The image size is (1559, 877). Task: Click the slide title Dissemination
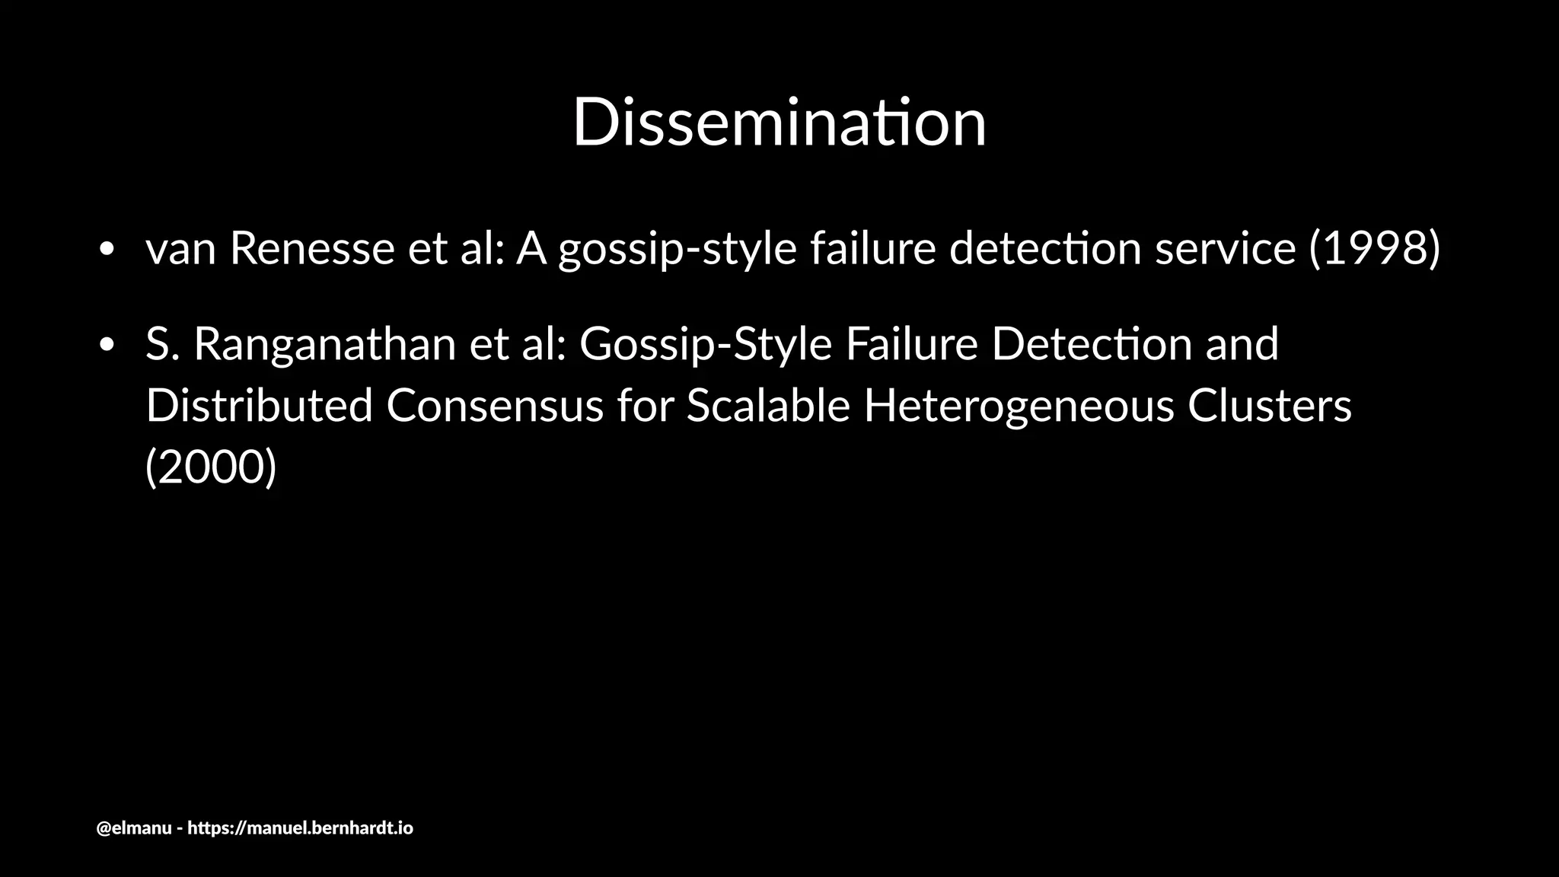click(x=779, y=123)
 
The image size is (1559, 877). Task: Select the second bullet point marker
click(x=107, y=344)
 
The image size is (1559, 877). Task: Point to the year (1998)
click(x=1374, y=248)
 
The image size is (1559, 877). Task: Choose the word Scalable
click(x=768, y=405)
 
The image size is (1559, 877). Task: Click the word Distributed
click(x=259, y=405)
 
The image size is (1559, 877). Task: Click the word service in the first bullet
click(x=1225, y=248)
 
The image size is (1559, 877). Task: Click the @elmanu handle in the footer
click(x=134, y=828)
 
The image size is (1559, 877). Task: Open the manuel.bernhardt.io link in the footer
click(x=300, y=828)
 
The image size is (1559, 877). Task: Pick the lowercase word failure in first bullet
click(x=872, y=248)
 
